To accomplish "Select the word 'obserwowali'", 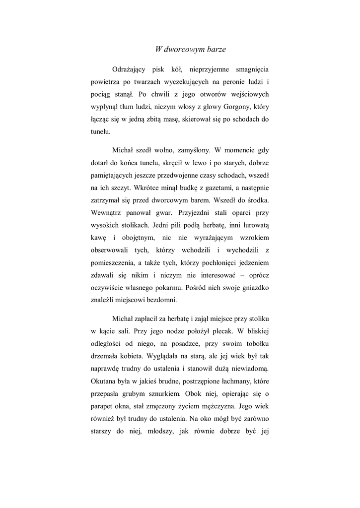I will pyautogui.click(x=111, y=253).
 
